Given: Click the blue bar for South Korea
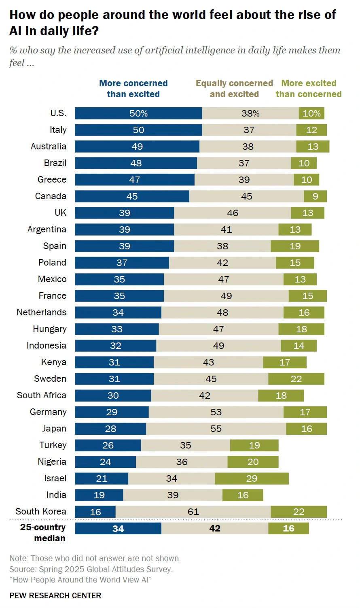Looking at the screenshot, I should (x=95, y=512).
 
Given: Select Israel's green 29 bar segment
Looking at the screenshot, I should (x=252, y=478).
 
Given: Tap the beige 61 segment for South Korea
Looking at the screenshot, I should (x=193, y=512).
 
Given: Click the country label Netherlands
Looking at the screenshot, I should (x=41, y=313).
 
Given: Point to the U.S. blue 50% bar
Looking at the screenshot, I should (x=138, y=113).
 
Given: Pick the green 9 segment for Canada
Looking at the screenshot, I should (x=315, y=196).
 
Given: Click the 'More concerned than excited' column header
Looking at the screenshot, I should (x=133, y=89).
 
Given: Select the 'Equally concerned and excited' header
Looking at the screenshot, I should (x=234, y=89).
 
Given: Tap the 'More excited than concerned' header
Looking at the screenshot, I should (x=309, y=89).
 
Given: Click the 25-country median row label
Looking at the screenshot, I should (x=43, y=533).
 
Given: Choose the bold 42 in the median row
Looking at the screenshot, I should (x=215, y=528).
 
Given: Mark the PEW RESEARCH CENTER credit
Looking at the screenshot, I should (x=55, y=595).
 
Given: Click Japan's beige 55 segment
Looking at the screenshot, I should (x=216, y=429).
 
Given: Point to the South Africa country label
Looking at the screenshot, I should (x=41, y=395).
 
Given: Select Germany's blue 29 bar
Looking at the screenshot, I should (x=112, y=412).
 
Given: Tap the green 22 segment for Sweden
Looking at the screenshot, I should (x=296, y=379).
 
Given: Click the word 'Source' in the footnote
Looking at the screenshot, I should (x=22, y=569).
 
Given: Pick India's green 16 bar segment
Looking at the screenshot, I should (x=243, y=495).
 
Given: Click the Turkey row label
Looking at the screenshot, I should (x=53, y=445).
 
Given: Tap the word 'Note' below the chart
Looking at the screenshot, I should (x=18, y=558).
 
